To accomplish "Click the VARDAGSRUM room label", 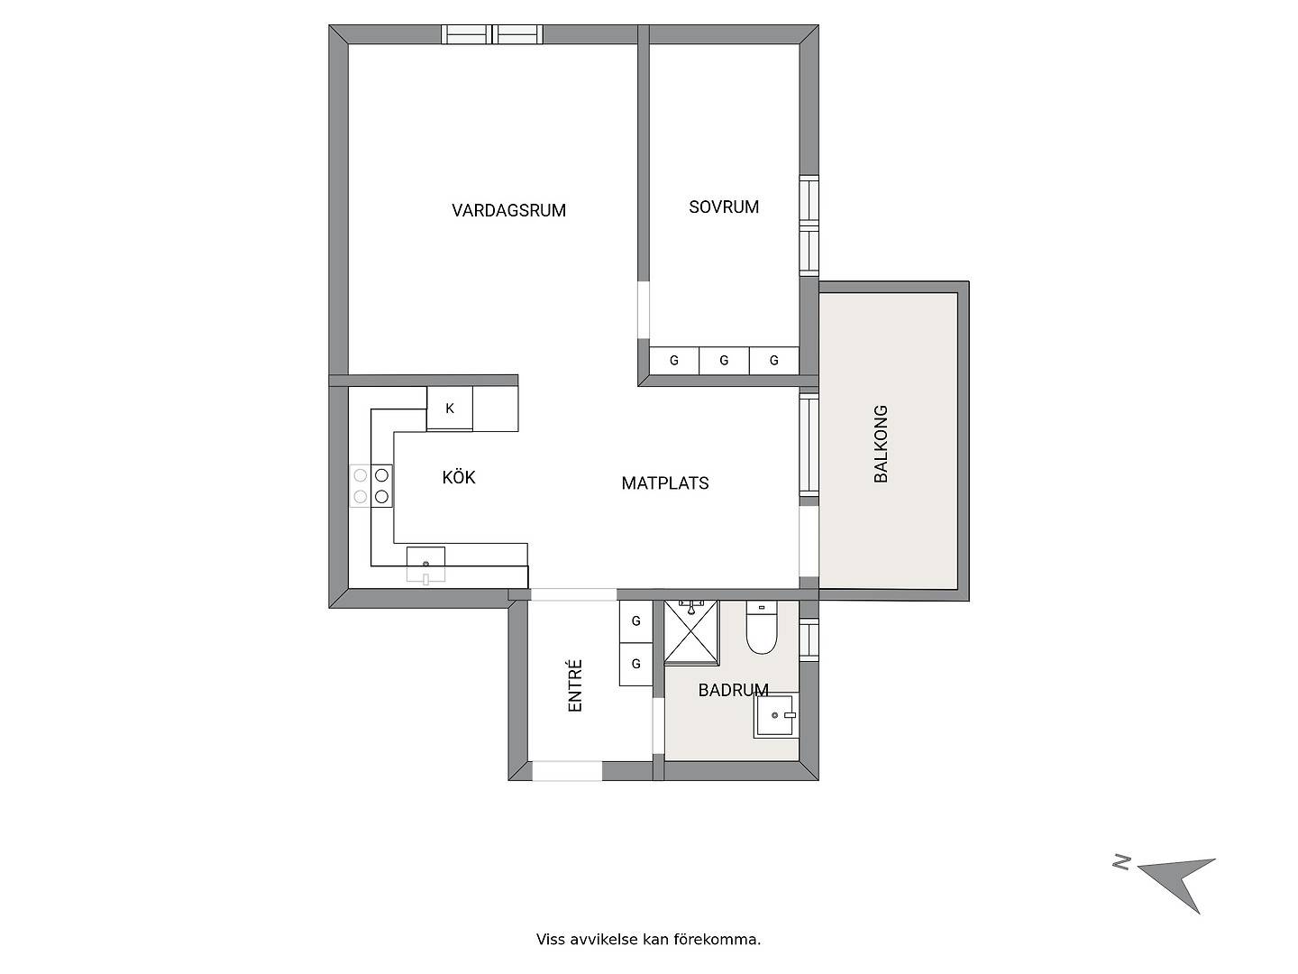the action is point(508,210).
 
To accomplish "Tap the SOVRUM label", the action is point(723,207).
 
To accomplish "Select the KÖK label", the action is point(458,477).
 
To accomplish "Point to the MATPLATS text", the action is point(664,483).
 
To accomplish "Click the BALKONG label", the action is point(881,444).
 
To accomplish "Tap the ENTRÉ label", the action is point(575,685).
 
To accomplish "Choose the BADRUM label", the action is point(733,690).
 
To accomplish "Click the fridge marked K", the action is point(450,408).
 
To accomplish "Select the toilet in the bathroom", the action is point(761,628).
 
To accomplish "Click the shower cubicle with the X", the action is point(690,632).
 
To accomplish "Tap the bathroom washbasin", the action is point(774,715).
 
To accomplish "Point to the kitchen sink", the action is point(425,565).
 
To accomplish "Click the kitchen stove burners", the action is point(370,485).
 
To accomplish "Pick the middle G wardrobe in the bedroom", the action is point(724,360).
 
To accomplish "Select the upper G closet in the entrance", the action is point(635,621).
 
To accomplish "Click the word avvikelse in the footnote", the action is point(604,940).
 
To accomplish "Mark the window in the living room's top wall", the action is point(492,34).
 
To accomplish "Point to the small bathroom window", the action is point(809,639).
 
